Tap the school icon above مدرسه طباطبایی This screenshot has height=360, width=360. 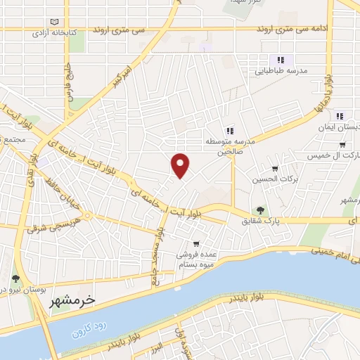(280, 60)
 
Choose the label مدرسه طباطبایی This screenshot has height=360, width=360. (279, 71)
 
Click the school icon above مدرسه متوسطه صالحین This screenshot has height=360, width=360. (229, 130)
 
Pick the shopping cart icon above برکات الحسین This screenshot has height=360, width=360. (275, 169)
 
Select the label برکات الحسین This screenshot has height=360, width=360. (275, 179)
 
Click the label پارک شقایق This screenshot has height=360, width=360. (261, 221)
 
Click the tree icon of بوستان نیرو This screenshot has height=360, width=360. (15, 279)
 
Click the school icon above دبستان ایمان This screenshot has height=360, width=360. (340, 115)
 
